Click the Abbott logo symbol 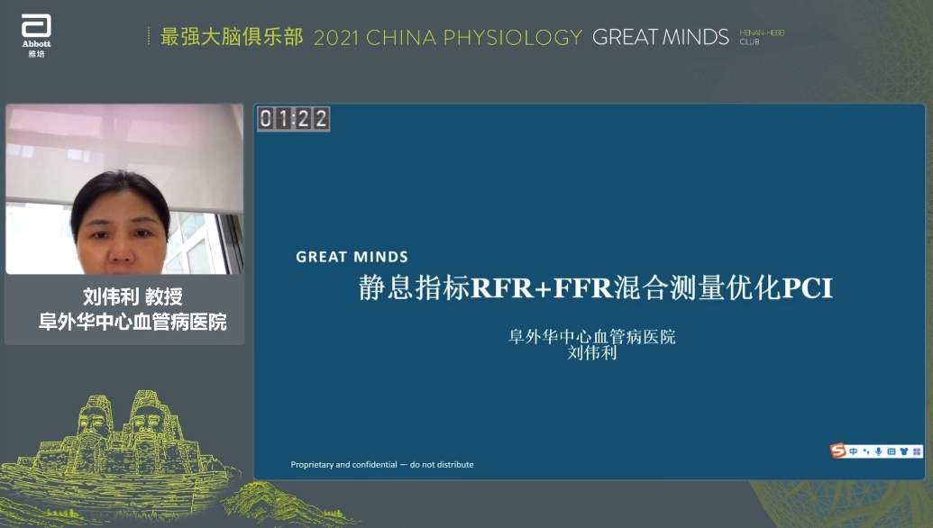coord(37,26)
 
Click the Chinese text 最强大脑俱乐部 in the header coord(231,37)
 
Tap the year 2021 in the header coord(336,38)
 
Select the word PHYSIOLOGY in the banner coord(517,38)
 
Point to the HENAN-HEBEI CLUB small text coord(762,37)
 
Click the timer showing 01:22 coord(294,118)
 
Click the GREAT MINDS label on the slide coord(352,258)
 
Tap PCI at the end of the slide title coord(807,288)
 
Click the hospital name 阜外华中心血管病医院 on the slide coord(591,337)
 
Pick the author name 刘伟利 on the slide coord(591,353)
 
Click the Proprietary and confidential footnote coord(381,465)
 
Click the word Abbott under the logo coord(37,44)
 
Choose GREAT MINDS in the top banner coord(660,38)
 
